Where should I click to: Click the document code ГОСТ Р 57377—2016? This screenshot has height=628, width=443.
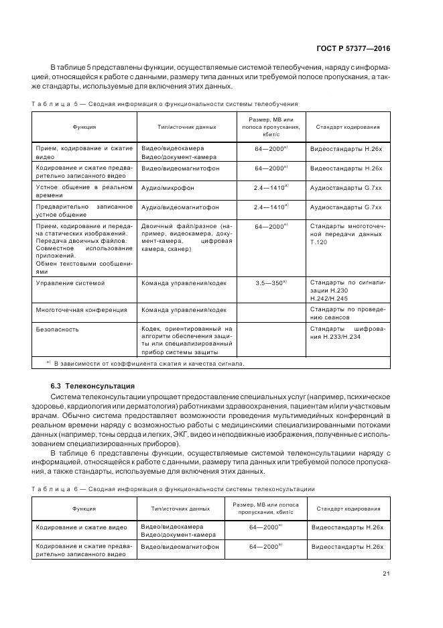353,48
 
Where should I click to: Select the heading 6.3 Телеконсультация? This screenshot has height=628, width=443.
92,386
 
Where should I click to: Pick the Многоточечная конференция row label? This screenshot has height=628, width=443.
81,310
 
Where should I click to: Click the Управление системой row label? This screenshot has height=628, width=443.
70,283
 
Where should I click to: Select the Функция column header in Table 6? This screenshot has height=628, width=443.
84,509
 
